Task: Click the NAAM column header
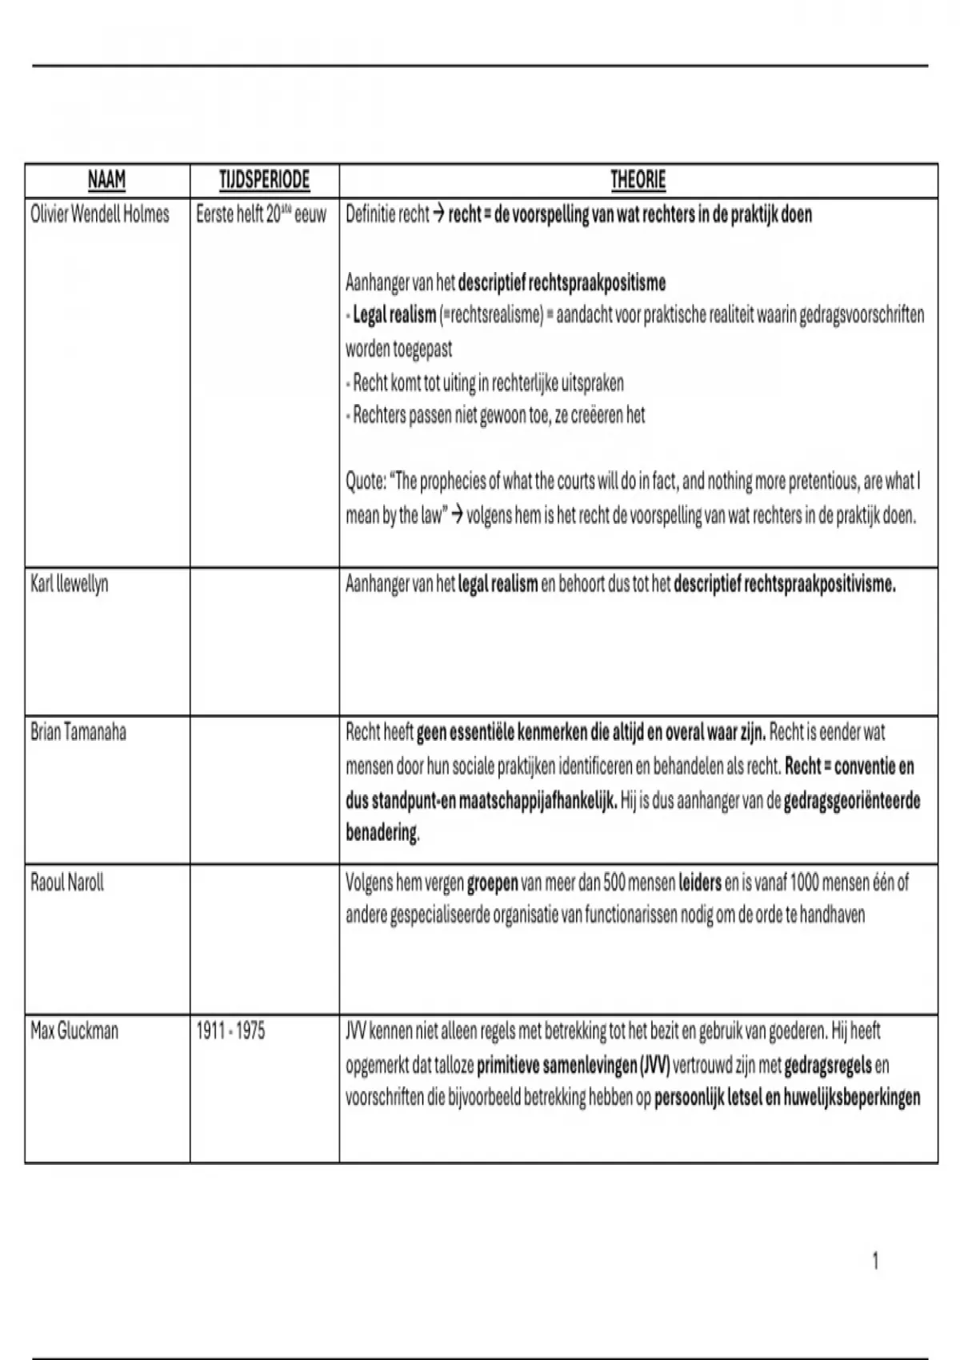pyautogui.click(x=106, y=181)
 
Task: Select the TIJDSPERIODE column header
pyautogui.click(x=264, y=181)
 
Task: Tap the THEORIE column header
pyautogui.click(x=638, y=181)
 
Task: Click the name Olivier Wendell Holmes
pyautogui.click(x=100, y=215)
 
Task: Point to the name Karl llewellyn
pyautogui.click(x=69, y=584)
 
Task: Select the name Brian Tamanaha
pyautogui.click(x=78, y=732)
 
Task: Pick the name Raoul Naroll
pyautogui.click(x=67, y=883)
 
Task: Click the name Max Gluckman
pyautogui.click(x=74, y=1031)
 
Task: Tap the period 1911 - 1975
pyautogui.click(x=230, y=1031)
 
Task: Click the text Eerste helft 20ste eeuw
pyautogui.click(x=261, y=215)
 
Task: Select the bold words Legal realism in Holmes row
pyautogui.click(x=394, y=315)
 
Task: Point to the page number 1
pyautogui.click(x=875, y=1262)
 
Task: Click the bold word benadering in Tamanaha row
pyautogui.click(x=382, y=834)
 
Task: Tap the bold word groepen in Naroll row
pyautogui.click(x=492, y=883)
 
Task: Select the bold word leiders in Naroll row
pyautogui.click(x=699, y=883)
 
